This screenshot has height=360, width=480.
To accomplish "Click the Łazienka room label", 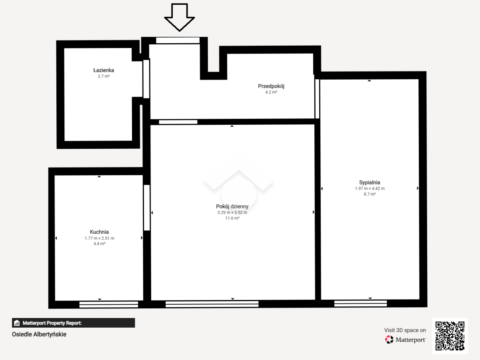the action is coord(104,70).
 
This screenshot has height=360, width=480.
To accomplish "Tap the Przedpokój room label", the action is coord(271,86).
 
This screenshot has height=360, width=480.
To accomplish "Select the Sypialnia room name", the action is coord(370,182).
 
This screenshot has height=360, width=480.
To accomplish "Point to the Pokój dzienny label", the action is coord(232,206).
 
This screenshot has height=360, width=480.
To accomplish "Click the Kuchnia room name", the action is coord(99,232).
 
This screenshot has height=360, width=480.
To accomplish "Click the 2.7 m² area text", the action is coord(104,76).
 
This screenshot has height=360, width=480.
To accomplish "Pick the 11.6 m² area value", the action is coord(232,218).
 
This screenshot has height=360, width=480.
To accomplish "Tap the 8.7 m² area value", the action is coord(370,194).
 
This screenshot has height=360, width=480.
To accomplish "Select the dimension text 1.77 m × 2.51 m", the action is coord(100,238).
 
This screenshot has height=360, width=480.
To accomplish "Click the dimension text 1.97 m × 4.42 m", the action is coord(370,188).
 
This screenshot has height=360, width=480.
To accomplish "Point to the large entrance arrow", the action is coord(180,17).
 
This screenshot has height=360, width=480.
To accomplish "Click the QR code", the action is coord(450,336).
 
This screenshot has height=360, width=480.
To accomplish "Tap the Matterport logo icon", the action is coord(389,340).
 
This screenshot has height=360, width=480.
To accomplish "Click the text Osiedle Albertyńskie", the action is coord(39,334).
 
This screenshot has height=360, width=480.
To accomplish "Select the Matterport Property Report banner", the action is coord(74,323).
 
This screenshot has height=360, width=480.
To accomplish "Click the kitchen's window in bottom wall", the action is coord(109,304).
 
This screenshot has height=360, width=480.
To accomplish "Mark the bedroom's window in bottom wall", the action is coord(360,303).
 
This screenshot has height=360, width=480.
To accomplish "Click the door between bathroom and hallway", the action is coord(146,79).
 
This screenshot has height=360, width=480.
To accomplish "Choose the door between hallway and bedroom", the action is coord(317,99).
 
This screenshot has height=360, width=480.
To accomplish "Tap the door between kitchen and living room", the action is coord(147,208).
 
